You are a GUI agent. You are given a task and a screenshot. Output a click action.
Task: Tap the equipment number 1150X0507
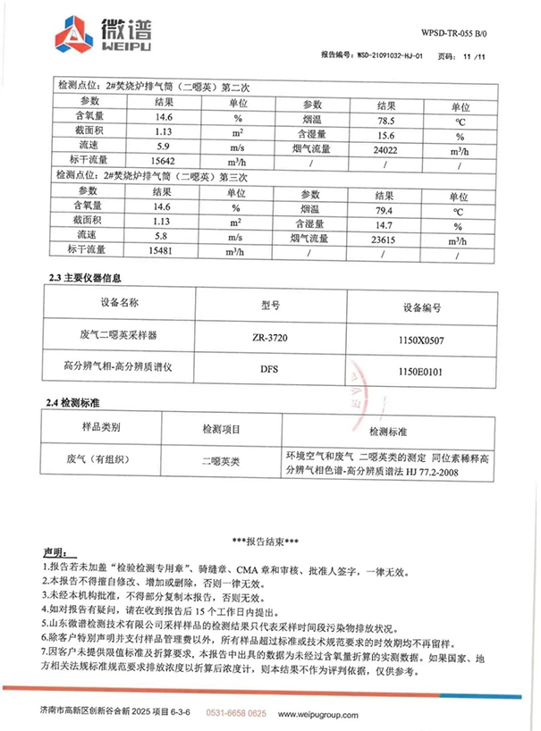tap(418, 338)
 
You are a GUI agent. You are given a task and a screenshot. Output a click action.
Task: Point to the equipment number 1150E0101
tap(418, 367)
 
